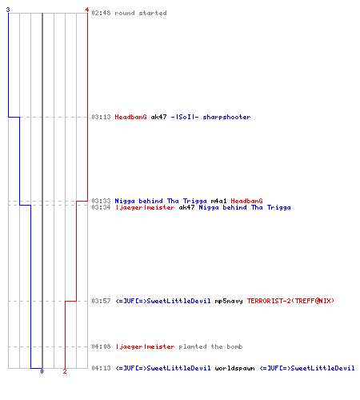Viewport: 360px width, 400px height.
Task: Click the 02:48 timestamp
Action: [101, 13]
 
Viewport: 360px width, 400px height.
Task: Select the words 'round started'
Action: [141, 13]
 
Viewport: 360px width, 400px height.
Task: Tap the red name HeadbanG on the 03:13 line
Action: [130, 117]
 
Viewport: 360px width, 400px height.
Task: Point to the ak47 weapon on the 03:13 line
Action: [159, 117]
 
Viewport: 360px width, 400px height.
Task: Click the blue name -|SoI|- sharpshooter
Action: [210, 117]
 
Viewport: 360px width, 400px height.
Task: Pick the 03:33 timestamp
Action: [101, 201]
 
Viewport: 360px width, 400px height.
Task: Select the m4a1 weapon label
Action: [218, 201]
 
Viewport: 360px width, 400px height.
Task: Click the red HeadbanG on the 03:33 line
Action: [246, 201]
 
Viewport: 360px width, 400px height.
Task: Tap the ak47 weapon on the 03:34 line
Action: [186, 207]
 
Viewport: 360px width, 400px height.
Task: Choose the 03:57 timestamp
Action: [101, 301]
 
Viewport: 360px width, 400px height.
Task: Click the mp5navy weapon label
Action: [229, 301]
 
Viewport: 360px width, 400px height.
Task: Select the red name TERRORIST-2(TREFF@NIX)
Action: [290, 301]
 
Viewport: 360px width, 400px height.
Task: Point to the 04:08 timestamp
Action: [101, 346]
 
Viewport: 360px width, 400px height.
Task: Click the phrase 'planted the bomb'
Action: [210, 346]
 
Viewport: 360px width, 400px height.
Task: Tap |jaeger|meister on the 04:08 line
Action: [146, 346]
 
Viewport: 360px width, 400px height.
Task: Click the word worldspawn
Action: [234, 368]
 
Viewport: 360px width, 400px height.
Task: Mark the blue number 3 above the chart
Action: [8, 10]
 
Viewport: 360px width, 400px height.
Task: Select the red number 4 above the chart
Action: [87, 10]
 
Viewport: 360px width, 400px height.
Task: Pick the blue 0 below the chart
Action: [42, 371]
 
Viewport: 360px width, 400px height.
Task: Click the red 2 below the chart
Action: [65, 371]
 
